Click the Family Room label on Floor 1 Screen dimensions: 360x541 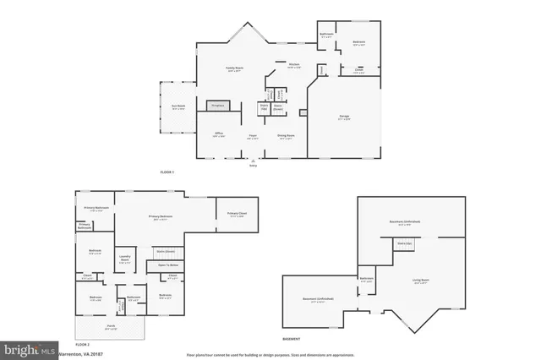tap(233, 68)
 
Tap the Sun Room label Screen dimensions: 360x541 tap(178, 106)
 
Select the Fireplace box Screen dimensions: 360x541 tap(218, 106)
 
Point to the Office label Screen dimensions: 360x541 tap(218, 134)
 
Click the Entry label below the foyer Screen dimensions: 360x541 tap(253, 166)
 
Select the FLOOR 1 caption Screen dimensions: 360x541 tap(167, 172)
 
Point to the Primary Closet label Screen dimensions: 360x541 tap(237, 215)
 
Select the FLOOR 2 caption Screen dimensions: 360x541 tap(82, 345)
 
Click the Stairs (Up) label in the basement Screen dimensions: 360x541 tap(403, 243)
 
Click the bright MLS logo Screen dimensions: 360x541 tap(28, 348)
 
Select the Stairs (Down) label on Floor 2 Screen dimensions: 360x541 tap(165, 251)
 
